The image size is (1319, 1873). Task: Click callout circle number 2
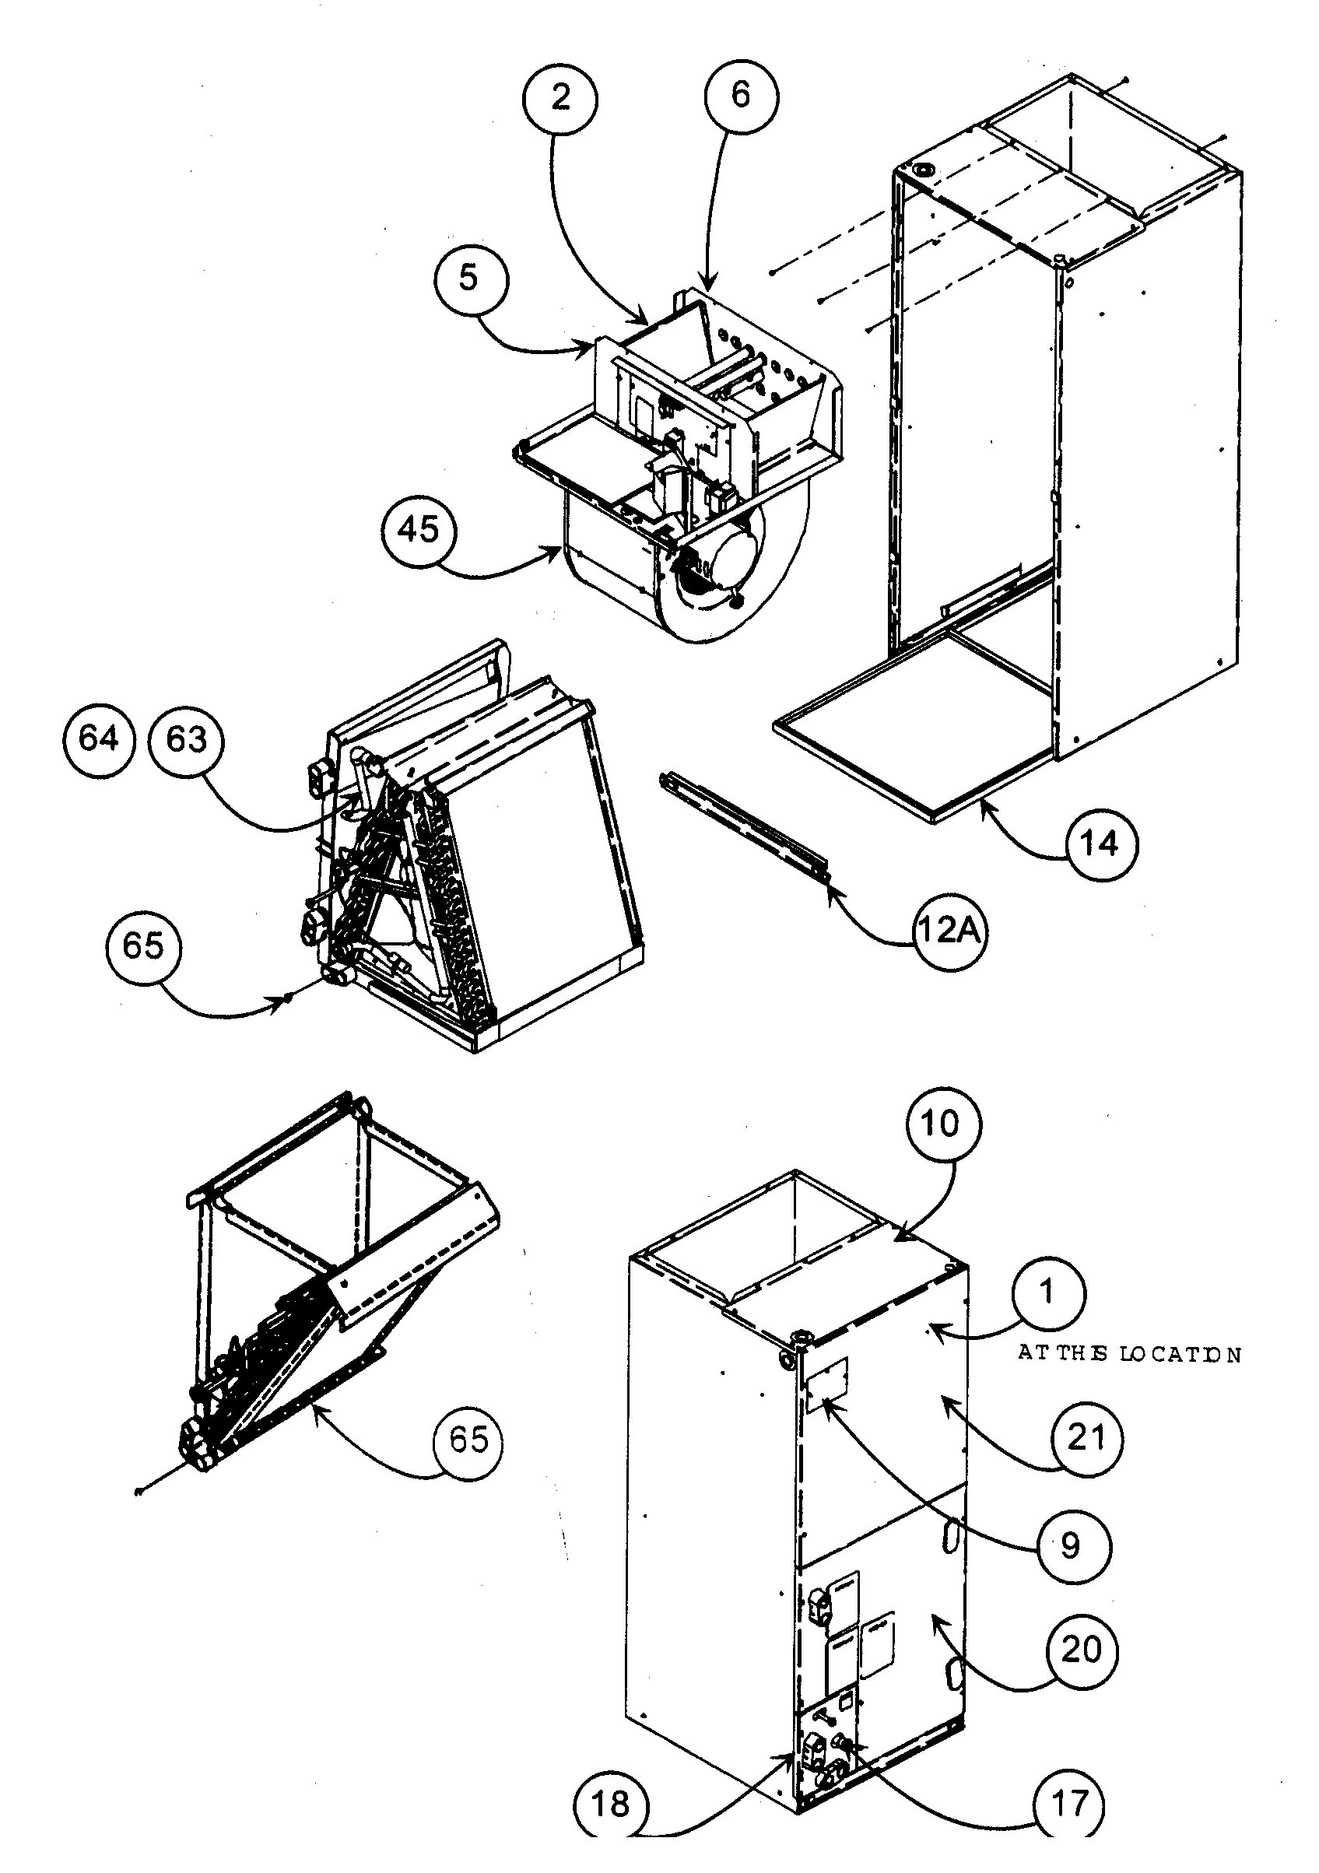point(560,99)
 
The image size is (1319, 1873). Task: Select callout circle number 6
point(740,95)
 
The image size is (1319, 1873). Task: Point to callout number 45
point(419,530)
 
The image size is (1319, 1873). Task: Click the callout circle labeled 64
point(98,739)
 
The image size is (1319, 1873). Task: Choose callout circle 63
point(187,740)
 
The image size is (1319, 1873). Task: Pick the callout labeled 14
point(1099,844)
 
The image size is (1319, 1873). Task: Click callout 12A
point(947,931)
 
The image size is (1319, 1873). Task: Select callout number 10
point(942,1124)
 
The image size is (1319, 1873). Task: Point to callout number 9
point(1069,1545)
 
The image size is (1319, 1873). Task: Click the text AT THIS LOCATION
point(1129,1355)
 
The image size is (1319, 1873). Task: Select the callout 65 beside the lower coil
point(468,1439)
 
